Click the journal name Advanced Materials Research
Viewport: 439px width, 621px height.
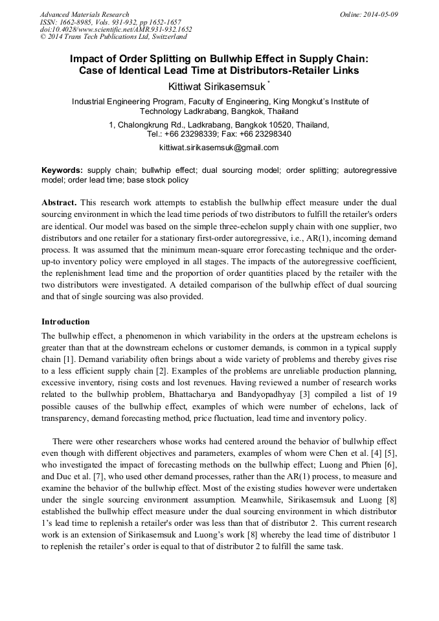point(84,14)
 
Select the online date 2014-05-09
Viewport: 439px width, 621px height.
point(379,14)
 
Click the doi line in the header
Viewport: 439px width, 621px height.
point(116,29)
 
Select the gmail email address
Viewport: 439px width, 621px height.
point(219,147)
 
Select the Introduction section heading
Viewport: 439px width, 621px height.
point(65,322)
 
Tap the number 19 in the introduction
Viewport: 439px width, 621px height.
point(391,394)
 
